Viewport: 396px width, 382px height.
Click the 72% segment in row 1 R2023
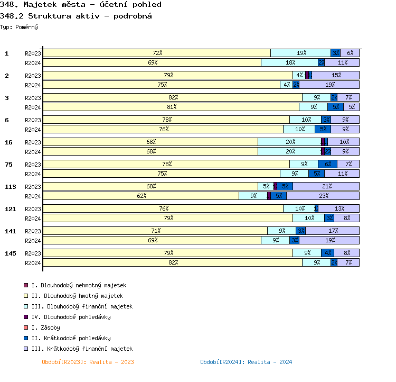point(157,53)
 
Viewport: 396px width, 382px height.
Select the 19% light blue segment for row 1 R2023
point(301,53)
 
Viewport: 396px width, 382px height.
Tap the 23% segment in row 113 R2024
point(323,196)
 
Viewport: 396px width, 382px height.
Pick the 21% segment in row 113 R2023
point(326,186)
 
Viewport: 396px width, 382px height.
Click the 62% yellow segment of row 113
point(141,196)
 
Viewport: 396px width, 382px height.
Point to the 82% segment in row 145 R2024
point(173,262)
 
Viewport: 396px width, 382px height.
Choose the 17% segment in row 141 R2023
point(333,231)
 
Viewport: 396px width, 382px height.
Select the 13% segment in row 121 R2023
point(339,208)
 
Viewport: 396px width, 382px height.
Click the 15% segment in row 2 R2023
point(336,75)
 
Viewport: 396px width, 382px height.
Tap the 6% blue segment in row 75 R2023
point(327,164)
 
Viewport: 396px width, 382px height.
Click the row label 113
point(10,187)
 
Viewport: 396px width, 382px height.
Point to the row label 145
point(10,253)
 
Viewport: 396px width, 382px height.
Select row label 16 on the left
point(8,142)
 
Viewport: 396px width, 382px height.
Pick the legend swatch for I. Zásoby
point(25,328)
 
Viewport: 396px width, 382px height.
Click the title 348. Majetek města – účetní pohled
point(81,5)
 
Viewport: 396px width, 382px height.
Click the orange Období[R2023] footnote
point(88,362)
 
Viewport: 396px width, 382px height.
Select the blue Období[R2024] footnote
point(246,362)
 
